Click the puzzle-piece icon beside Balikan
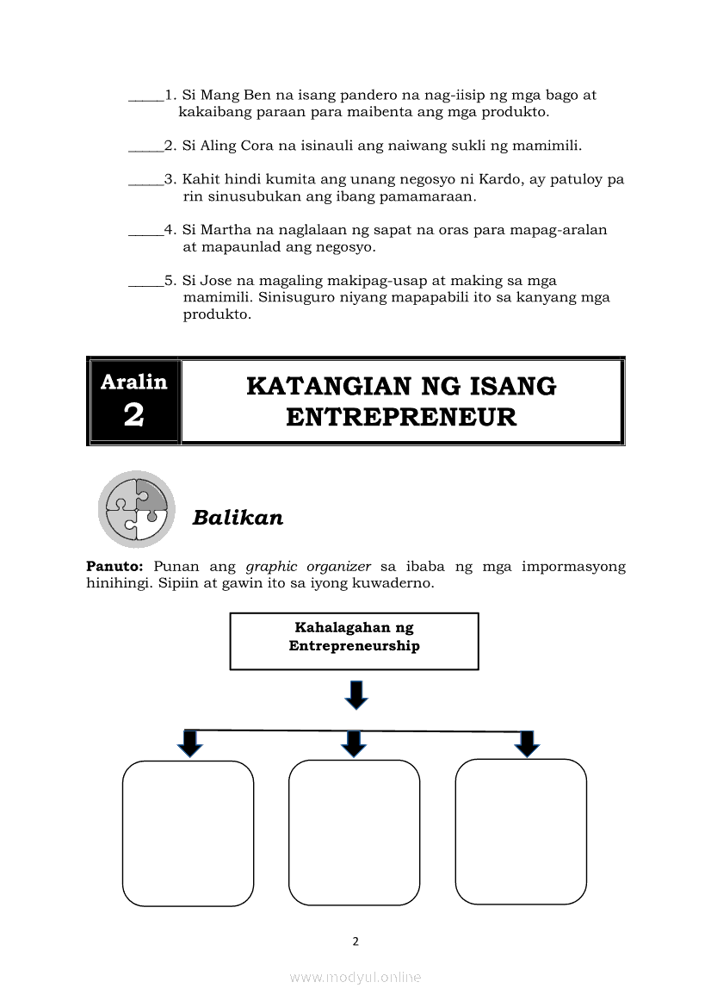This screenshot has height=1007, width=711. [136, 509]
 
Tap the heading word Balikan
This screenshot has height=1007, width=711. [238, 518]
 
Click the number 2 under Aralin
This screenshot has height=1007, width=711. [133, 415]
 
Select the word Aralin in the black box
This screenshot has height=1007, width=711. [134, 382]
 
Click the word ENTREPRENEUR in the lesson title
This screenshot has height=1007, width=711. [401, 418]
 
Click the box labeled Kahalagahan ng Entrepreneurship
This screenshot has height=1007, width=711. [354, 641]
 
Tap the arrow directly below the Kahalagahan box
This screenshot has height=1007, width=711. [355, 694]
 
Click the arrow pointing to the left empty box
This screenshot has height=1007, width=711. [190, 743]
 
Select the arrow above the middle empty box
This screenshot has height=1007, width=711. [353, 743]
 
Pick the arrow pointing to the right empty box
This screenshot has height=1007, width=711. [526, 743]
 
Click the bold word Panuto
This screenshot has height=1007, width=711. [114, 567]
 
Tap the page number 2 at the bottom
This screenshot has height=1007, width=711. [355, 942]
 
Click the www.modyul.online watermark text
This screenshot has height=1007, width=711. [355, 977]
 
